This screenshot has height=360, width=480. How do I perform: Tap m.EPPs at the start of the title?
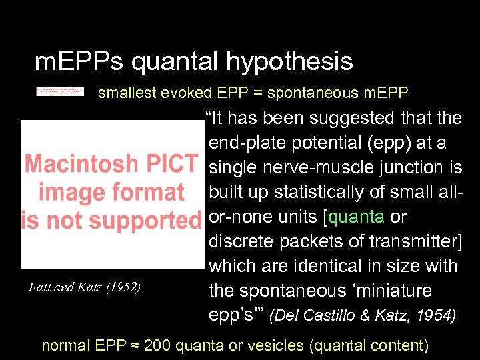click(x=79, y=63)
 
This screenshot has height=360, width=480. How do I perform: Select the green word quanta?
click(x=357, y=217)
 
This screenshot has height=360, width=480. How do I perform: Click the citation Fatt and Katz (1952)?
click(x=85, y=288)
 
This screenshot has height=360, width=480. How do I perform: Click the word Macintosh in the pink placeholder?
click(x=82, y=163)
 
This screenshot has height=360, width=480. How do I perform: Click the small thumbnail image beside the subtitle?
click(x=60, y=91)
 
